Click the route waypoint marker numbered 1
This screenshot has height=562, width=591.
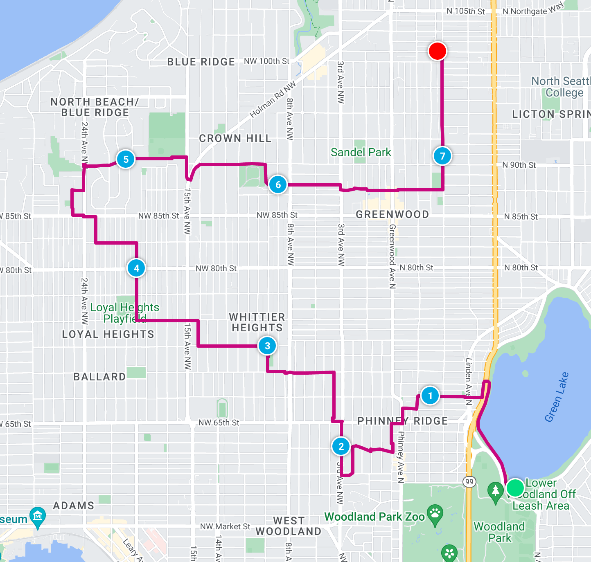click(430, 396)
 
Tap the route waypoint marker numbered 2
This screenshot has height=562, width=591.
click(341, 446)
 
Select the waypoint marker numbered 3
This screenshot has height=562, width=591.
click(267, 346)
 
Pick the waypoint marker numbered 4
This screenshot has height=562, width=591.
click(136, 268)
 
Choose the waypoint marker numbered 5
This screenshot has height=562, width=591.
click(126, 159)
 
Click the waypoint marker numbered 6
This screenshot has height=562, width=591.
click(278, 184)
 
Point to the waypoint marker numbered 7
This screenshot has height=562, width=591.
click(442, 156)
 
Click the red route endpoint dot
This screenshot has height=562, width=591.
click(437, 51)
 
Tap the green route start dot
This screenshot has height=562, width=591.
click(515, 488)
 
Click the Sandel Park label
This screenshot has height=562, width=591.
click(361, 153)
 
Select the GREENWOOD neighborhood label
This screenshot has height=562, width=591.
click(392, 214)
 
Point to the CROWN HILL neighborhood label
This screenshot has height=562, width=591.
click(235, 139)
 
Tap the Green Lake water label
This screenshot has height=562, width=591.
click(556, 397)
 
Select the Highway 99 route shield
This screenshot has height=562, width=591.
click(469, 481)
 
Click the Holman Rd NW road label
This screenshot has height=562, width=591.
click(273, 100)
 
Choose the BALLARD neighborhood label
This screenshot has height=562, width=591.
click(99, 377)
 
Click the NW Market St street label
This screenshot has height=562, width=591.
click(225, 526)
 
